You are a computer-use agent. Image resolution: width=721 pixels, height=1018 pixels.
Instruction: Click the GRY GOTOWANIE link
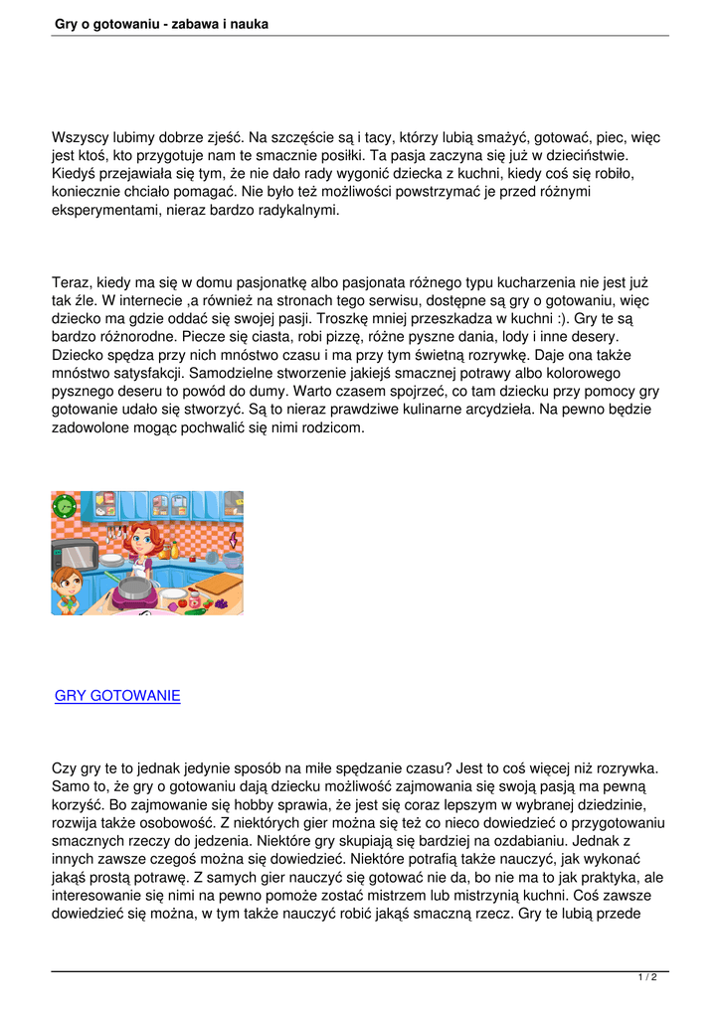click(117, 696)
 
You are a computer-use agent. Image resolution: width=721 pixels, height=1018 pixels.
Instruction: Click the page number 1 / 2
click(647, 978)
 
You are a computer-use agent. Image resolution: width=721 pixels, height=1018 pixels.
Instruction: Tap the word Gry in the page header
click(68, 23)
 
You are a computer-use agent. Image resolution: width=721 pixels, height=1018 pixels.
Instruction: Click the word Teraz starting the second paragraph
click(72, 283)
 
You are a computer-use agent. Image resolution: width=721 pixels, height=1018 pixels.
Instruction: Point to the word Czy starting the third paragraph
click(65, 769)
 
